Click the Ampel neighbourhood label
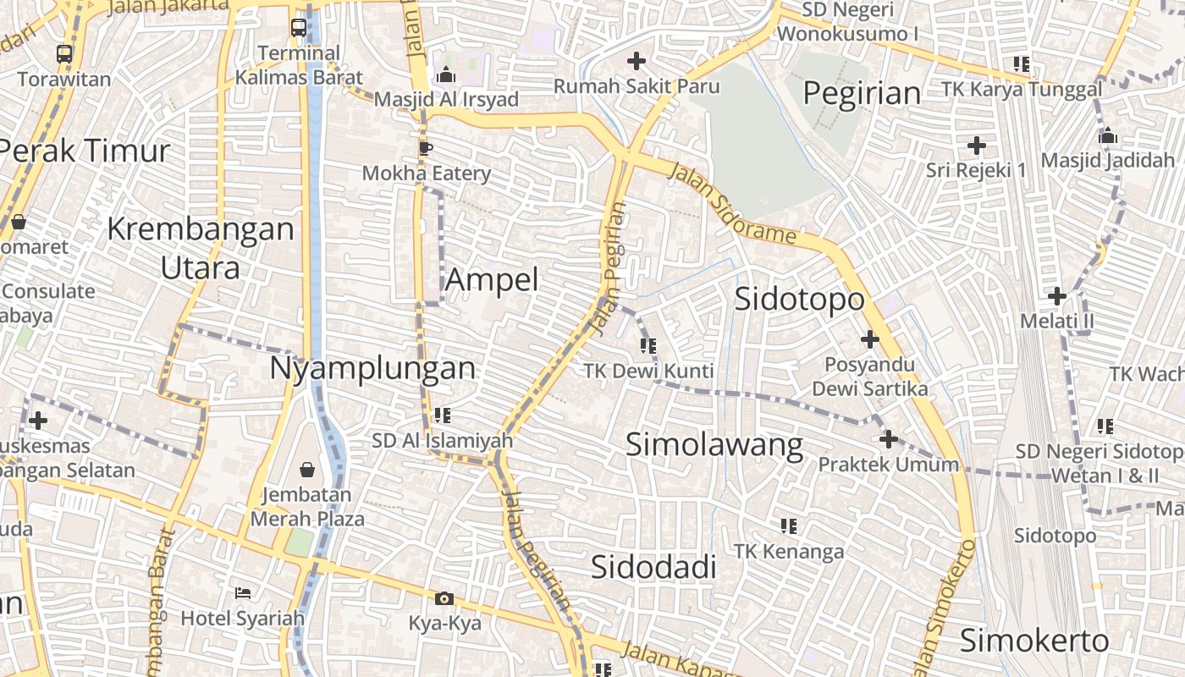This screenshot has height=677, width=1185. coord(492,279)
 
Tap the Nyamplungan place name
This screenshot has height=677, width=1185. coord(373,368)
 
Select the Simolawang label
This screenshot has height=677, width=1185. coord(714,445)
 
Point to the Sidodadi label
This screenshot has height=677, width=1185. coord(653,567)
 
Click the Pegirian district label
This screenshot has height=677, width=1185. coord(862,93)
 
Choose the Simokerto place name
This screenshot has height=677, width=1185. coord(1033,641)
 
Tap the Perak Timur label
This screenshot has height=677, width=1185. coord(85,151)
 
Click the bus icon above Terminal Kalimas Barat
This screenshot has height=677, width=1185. coord(299,28)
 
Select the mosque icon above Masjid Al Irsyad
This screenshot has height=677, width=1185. coord(446,75)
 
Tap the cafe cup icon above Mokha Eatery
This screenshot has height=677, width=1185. coord(426,148)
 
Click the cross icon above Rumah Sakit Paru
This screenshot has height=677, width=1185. coord(637,61)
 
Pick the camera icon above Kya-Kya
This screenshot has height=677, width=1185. coord(444,599)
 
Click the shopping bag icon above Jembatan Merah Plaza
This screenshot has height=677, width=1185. coord(307,469)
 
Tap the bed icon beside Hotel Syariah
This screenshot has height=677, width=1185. coord(243,592)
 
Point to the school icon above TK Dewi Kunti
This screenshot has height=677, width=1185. coord(648,345)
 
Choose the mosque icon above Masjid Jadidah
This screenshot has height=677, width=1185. coord(1107,135)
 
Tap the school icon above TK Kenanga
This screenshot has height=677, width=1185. coord(789,526)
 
